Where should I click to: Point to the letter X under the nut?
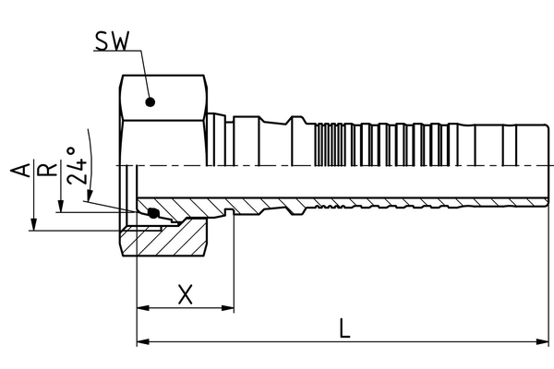(185, 294)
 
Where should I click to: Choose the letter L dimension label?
(343, 328)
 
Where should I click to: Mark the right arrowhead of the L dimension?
(542, 342)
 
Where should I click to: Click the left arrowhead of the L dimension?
(141, 342)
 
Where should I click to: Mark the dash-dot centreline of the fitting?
(369, 165)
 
